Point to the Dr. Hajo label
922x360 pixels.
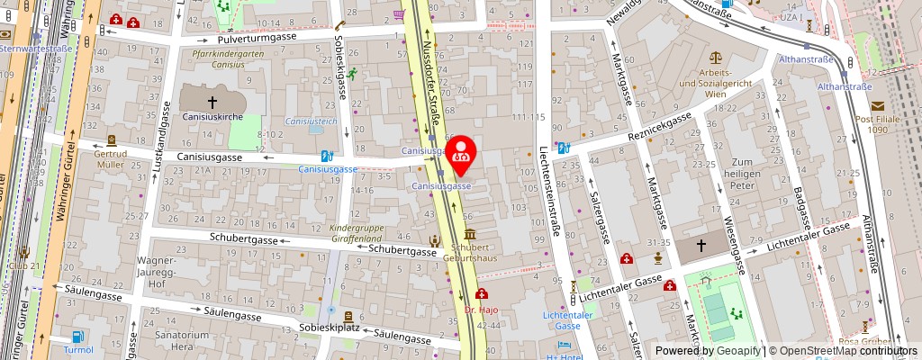pos(482,310)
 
